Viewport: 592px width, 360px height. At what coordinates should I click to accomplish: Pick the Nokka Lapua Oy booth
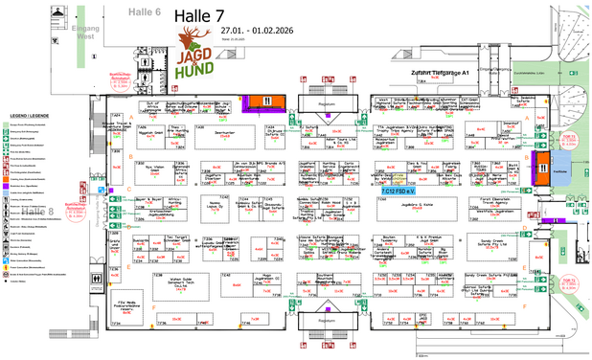point(217,204)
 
